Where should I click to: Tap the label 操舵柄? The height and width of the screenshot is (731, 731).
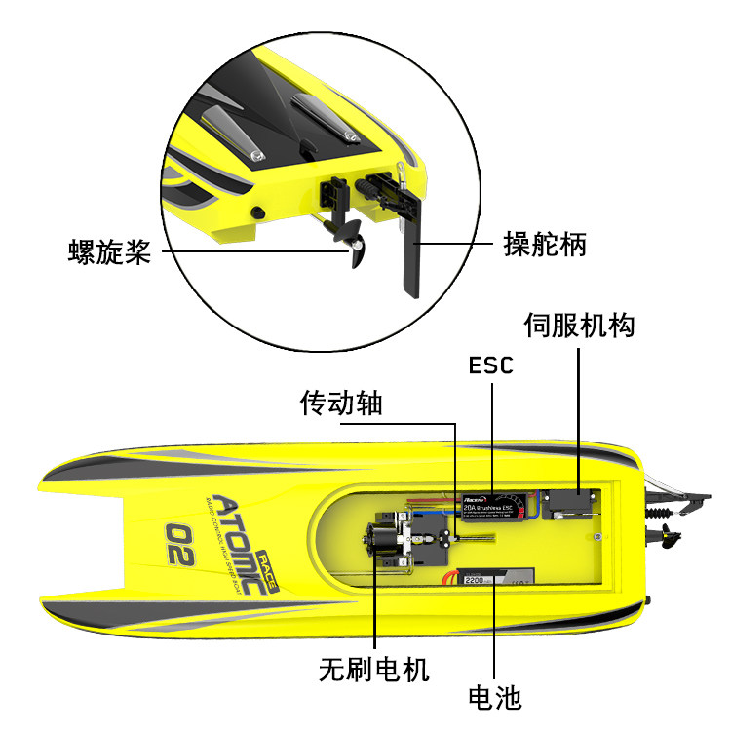(544, 243)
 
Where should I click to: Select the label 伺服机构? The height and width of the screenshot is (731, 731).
(579, 325)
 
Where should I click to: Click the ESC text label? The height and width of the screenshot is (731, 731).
(490, 365)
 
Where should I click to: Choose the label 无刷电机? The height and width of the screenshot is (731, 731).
(374, 670)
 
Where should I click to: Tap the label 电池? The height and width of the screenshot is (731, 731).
(495, 697)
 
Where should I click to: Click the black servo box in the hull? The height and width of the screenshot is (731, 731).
(570, 505)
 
